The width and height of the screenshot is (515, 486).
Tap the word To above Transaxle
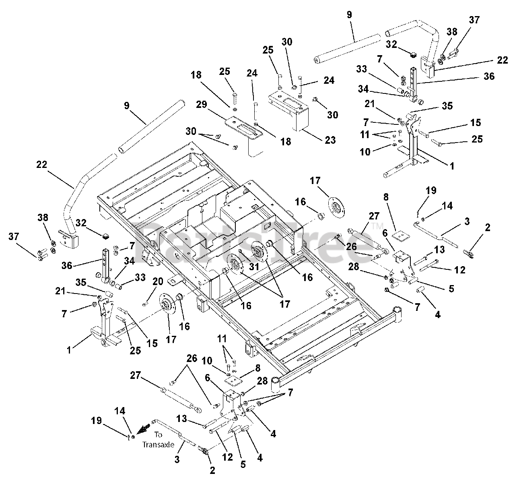click(158, 435)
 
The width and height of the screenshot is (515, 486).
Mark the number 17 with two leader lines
click(285, 304)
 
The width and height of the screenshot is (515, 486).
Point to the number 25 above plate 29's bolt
click(224, 71)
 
